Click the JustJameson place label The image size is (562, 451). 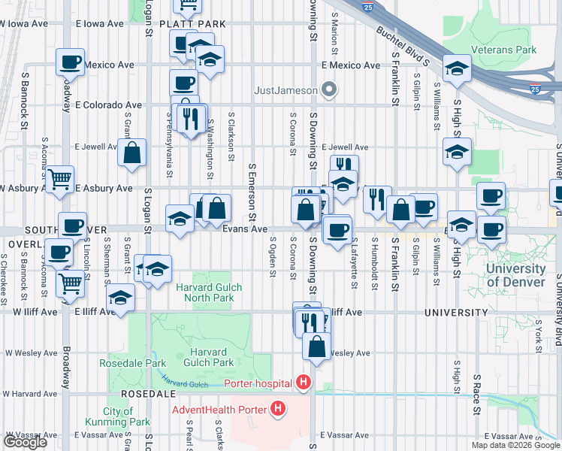click(286, 91)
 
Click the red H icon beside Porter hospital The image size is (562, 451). click(304, 383)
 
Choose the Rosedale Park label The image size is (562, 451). click(122, 363)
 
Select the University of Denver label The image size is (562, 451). click(515, 275)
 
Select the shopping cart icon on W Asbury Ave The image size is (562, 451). click(59, 180)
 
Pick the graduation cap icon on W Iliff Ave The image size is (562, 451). click(121, 298)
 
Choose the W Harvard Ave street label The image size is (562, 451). click(31, 393)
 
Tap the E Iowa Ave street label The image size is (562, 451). click(99, 24)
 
